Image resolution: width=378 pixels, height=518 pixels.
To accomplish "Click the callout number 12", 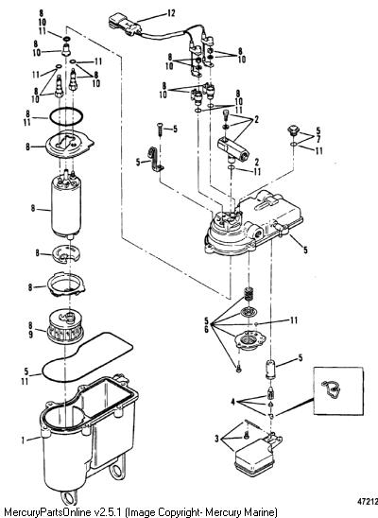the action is point(171,13).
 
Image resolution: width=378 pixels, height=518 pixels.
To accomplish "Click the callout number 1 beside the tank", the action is point(23,440).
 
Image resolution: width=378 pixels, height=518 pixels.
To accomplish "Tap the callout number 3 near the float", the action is point(216,439).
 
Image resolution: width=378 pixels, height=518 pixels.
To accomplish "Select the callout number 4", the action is point(233,403).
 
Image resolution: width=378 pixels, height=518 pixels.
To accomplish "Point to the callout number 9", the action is point(30,335).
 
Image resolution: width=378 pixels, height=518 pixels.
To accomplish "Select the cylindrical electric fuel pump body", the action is point(66,206).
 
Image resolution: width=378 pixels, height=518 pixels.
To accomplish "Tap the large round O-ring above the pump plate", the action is point(66,117).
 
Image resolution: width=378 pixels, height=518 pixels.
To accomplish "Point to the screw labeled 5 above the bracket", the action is point(160,129).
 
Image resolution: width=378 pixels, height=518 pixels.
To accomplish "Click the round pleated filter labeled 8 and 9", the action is point(65,326).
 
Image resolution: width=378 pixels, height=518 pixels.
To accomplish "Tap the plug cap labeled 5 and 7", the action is point(293,130).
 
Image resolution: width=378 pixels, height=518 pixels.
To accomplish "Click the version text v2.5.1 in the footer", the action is point(109,512).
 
